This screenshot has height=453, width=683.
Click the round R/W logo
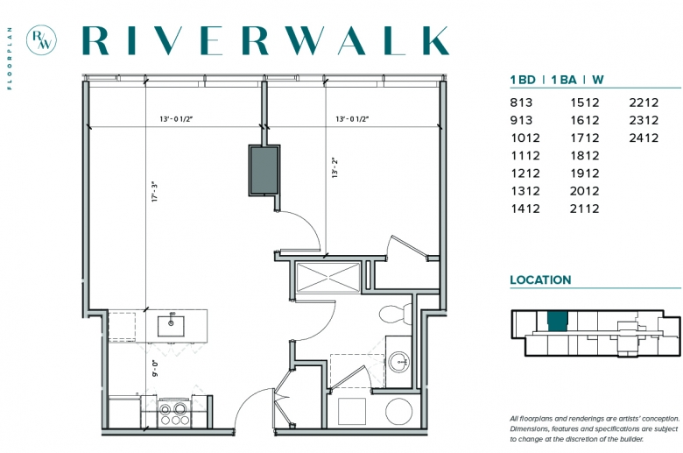point(41,40)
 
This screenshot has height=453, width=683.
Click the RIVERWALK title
point(265,40)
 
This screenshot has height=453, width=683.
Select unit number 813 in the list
point(521,103)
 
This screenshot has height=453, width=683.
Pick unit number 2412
point(644,138)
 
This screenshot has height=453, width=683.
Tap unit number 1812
point(585,156)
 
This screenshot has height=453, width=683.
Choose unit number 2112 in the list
point(585,209)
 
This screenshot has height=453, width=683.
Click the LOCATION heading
point(540,280)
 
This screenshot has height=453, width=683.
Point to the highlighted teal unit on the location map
point(558,322)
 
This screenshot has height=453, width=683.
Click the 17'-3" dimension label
point(155,192)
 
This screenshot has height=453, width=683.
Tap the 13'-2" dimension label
point(335,168)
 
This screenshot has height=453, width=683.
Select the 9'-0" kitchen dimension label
point(155,368)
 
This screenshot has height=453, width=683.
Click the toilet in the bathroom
point(396,314)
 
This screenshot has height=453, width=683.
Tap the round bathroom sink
point(399,362)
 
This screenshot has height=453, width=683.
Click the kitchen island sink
point(171,326)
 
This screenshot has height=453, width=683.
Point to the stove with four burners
point(174,412)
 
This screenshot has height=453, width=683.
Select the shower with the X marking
point(328,276)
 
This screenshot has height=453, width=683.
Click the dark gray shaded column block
point(264,170)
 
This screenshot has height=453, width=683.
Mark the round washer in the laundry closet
point(398,411)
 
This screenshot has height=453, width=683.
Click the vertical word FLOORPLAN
point(10,59)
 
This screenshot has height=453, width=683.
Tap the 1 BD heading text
point(523,80)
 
